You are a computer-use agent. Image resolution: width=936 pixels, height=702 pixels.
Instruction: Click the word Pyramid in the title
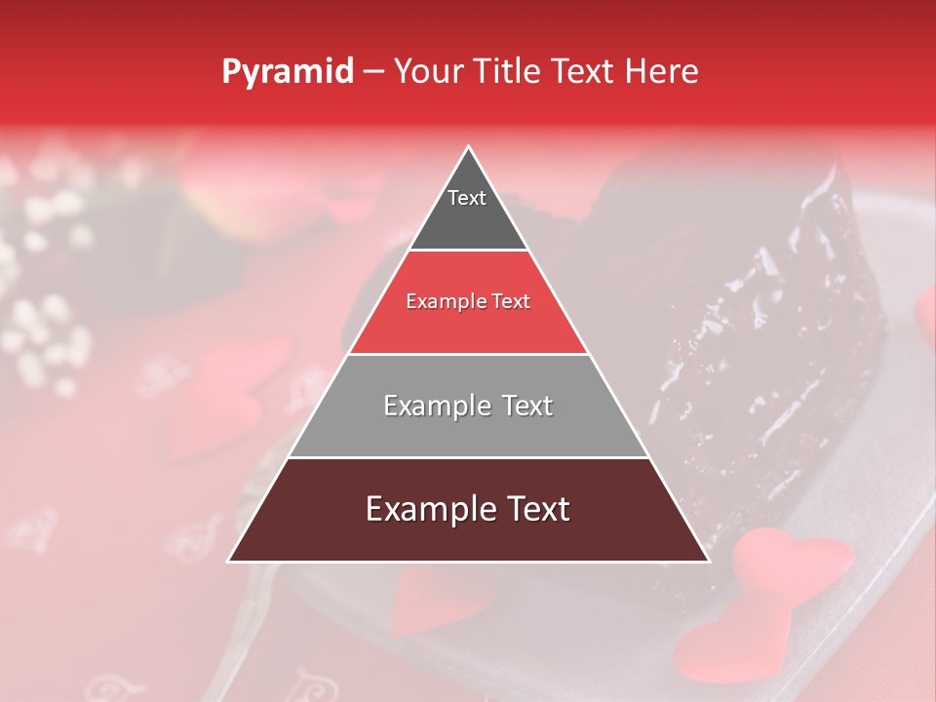[x=287, y=72]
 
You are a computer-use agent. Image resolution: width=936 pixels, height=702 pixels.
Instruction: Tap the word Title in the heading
[x=505, y=71]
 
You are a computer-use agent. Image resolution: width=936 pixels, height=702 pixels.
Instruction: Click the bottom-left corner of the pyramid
[x=230, y=561]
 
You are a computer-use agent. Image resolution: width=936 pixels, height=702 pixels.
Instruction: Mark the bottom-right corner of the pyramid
[x=707, y=561]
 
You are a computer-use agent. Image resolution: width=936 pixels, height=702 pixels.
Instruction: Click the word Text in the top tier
[x=467, y=198]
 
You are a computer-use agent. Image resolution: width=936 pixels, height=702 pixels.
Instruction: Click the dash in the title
[x=372, y=72]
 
